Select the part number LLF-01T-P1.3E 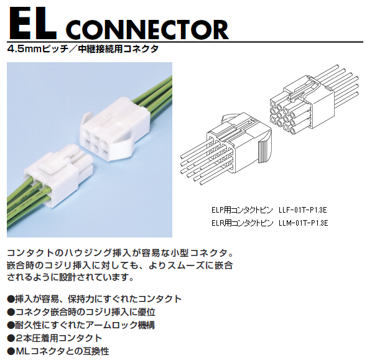303,210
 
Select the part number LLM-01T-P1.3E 304,223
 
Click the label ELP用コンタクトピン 242,210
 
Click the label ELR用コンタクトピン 242,223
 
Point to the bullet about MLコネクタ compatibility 58,351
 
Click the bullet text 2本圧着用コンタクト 55,338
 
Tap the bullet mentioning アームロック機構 81,325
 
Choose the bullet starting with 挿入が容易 95,299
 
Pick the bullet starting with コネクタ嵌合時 81,312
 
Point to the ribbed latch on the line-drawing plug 264,152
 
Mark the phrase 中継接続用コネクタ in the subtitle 118,49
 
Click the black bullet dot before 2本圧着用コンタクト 11,338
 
